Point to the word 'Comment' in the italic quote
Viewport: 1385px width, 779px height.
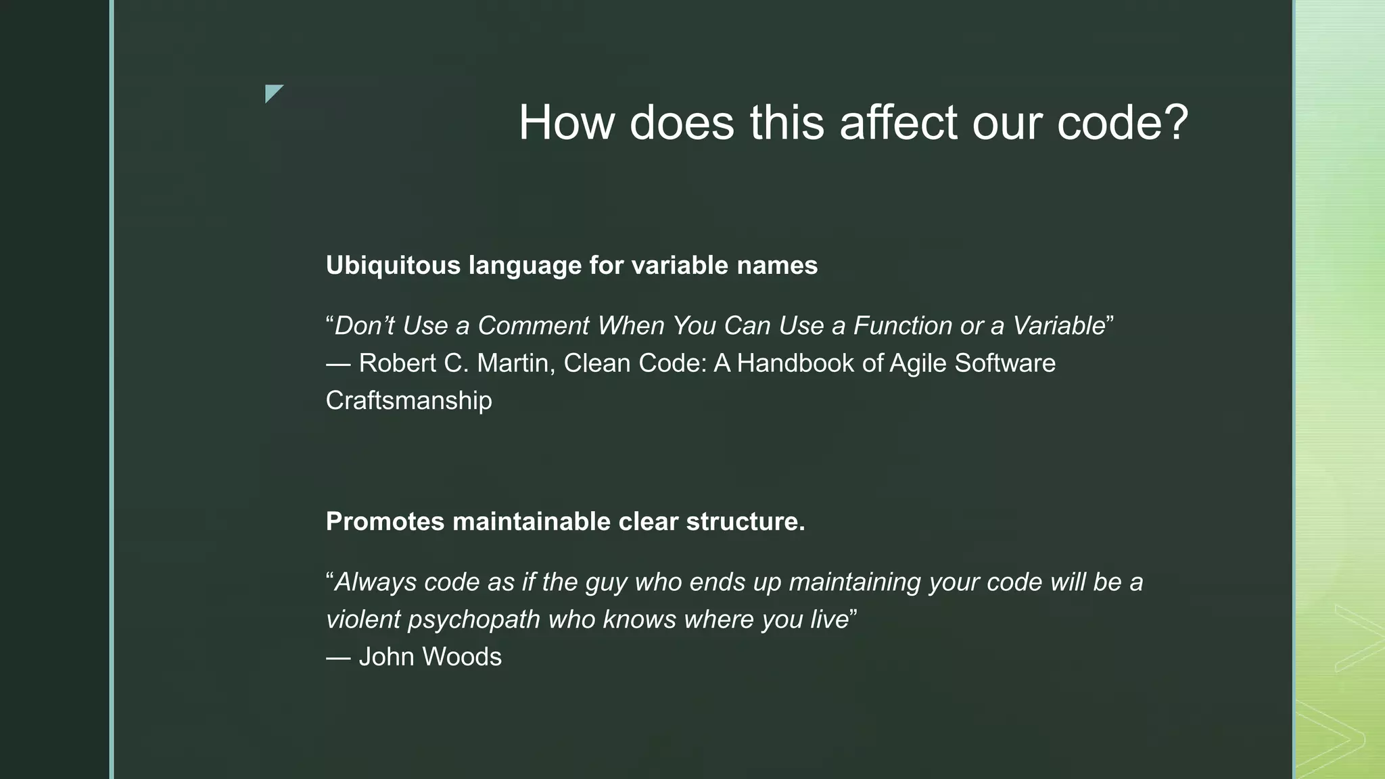point(533,326)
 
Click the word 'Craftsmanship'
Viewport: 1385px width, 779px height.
point(408,400)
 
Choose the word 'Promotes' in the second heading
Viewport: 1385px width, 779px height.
point(385,521)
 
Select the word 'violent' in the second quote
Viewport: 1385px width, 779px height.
point(362,619)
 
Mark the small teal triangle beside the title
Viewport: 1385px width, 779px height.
point(272,92)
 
